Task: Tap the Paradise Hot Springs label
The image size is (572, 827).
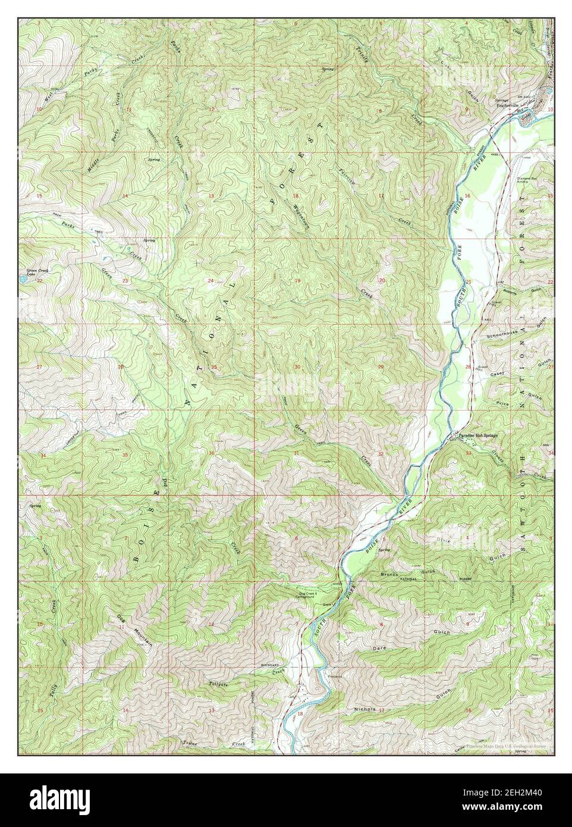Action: click(x=477, y=436)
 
